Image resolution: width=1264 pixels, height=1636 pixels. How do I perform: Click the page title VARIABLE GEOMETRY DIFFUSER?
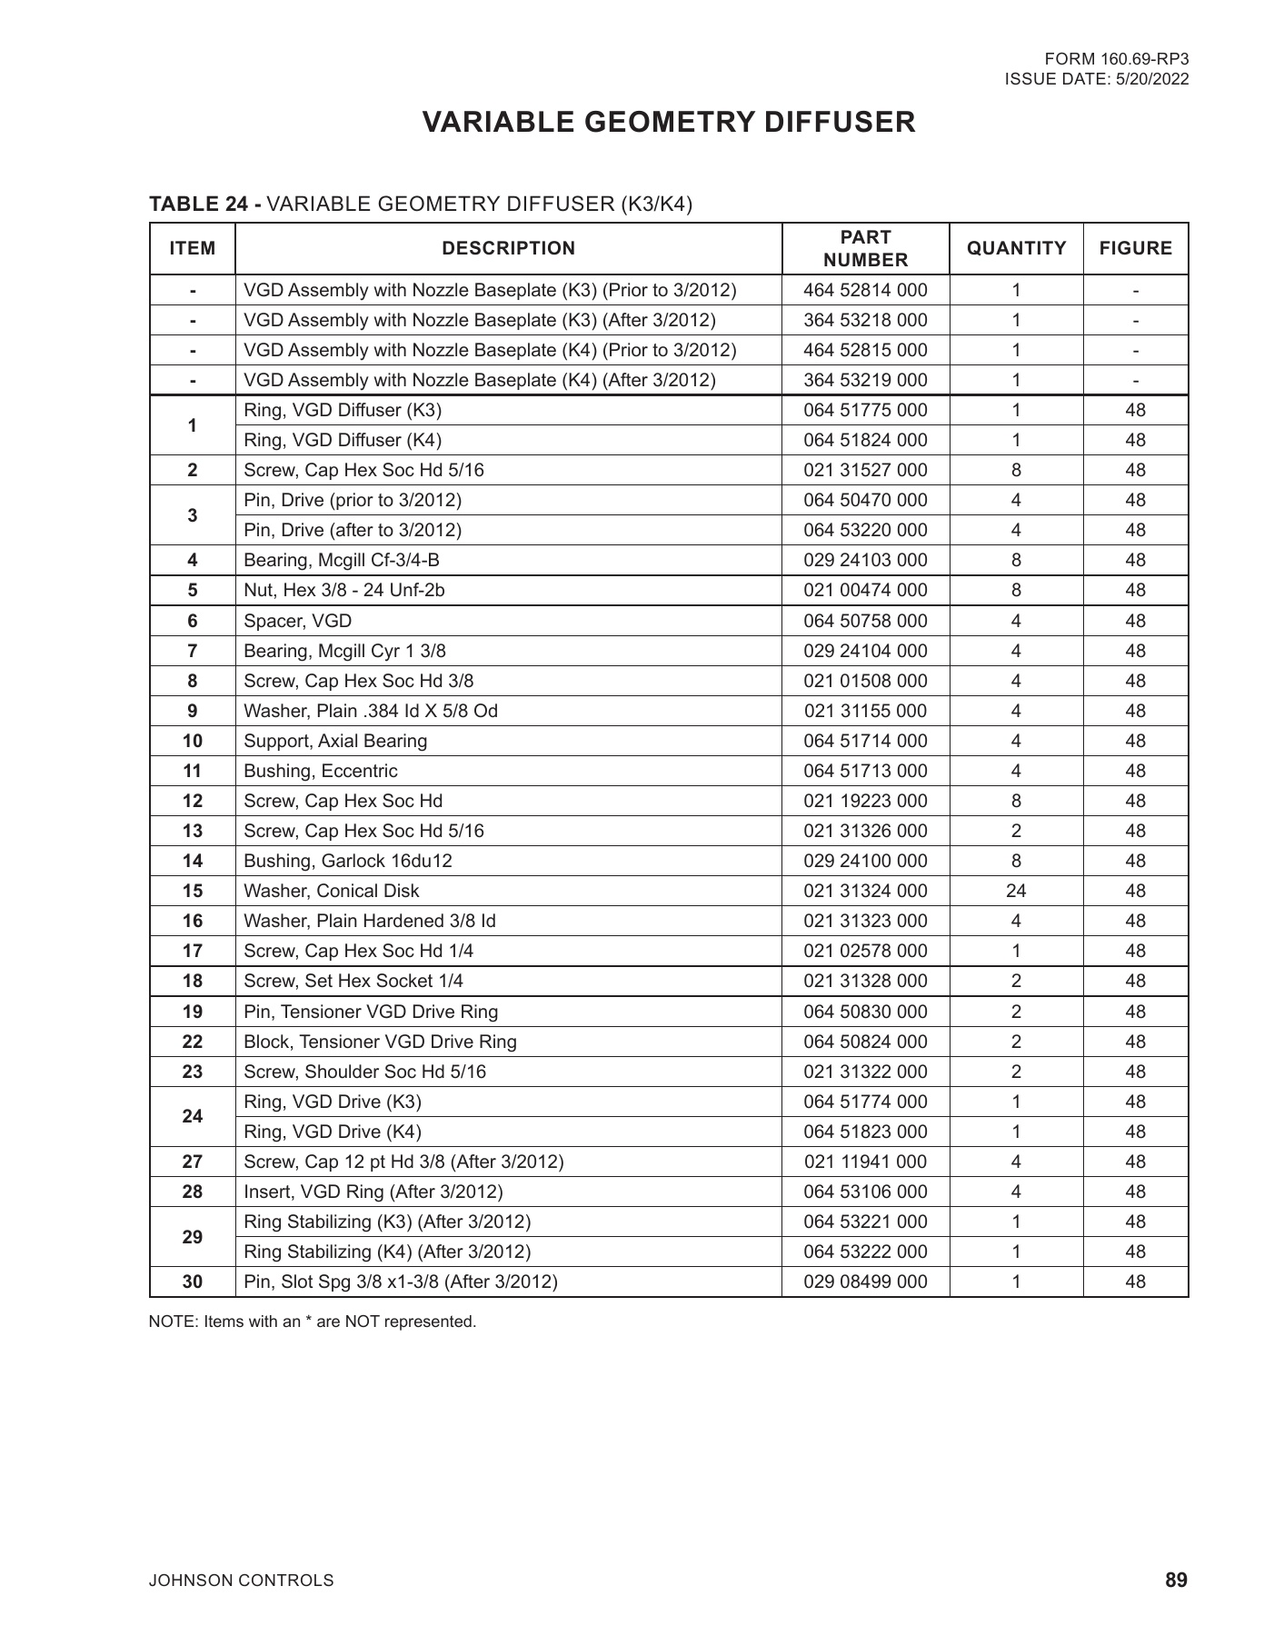coord(669,123)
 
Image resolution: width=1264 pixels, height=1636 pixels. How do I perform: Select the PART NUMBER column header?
coord(865,248)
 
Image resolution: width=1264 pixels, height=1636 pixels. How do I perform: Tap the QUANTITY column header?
coord(1016,248)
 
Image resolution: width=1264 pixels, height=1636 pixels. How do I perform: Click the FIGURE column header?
coord(1135,248)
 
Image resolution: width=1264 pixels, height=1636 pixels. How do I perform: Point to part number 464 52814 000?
coord(865,290)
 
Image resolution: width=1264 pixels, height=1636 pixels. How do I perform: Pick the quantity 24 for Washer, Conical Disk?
coord(1016,891)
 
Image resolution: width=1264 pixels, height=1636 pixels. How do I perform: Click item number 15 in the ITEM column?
coord(193,891)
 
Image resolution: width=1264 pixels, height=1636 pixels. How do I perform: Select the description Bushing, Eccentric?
coord(320,771)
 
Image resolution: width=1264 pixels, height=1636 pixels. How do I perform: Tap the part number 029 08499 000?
coord(865,1282)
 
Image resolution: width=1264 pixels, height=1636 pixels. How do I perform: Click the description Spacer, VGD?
coord(297,621)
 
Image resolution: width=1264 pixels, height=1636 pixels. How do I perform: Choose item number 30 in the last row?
coord(193,1282)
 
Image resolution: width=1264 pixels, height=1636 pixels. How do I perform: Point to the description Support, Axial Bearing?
coord(335,741)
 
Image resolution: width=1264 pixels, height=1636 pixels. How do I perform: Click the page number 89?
coord(1176,1581)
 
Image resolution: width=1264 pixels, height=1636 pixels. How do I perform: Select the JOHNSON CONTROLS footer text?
coord(241,1581)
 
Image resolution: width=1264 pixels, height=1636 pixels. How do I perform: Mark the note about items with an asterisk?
coord(312,1322)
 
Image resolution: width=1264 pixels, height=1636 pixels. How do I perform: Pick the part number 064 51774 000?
coord(865,1102)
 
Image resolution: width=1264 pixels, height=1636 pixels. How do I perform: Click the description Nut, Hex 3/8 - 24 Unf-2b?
coord(344,590)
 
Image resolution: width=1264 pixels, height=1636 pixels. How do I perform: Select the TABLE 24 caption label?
coord(205,204)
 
